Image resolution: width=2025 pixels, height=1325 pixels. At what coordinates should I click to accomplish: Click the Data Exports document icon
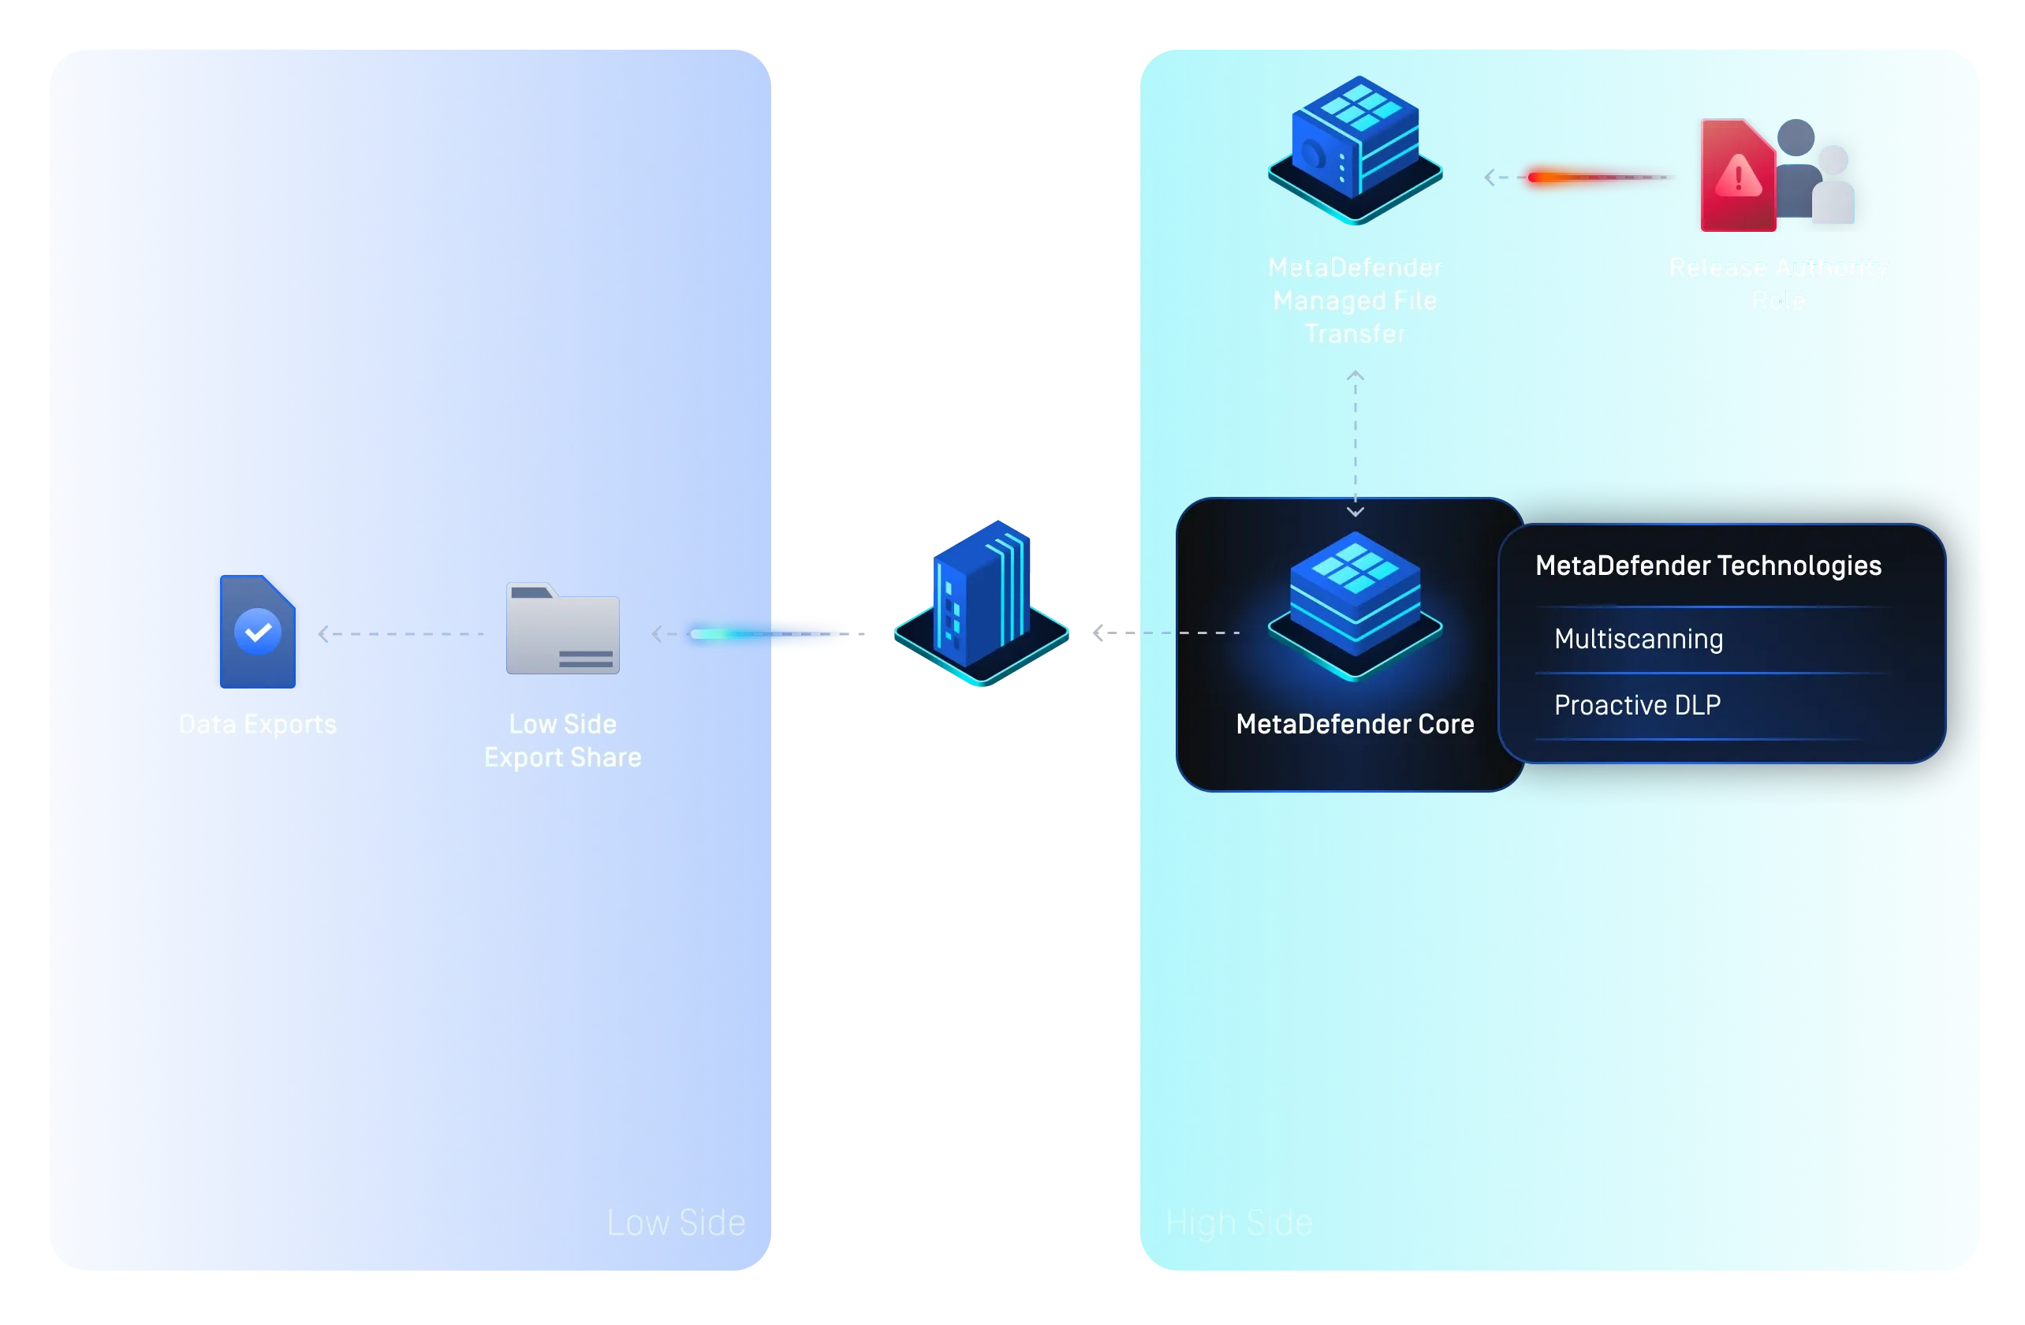(257, 632)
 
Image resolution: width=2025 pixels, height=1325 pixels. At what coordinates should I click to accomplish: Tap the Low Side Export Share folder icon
(562, 629)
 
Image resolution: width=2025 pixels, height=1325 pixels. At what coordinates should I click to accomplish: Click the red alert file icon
(1736, 177)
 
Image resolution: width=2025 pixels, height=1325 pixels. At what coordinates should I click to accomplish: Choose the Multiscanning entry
(1638, 639)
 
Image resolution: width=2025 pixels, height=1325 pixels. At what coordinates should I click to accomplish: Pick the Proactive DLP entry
(1637, 704)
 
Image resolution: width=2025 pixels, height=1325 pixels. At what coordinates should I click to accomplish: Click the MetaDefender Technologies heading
(1708, 566)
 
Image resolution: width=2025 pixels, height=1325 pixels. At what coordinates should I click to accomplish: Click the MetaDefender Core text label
(1355, 724)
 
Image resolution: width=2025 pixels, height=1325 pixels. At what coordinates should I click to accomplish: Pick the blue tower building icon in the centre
(982, 601)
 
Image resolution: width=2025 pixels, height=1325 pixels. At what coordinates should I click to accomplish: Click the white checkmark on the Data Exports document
(258, 632)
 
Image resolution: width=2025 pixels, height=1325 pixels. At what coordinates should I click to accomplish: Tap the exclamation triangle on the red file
(1738, 177)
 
